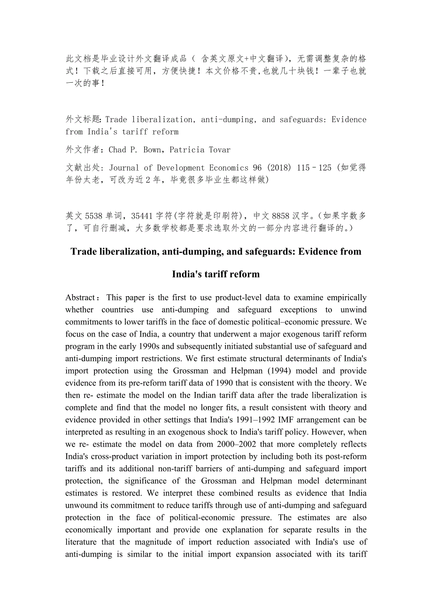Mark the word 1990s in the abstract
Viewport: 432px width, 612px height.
coord(159,346)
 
